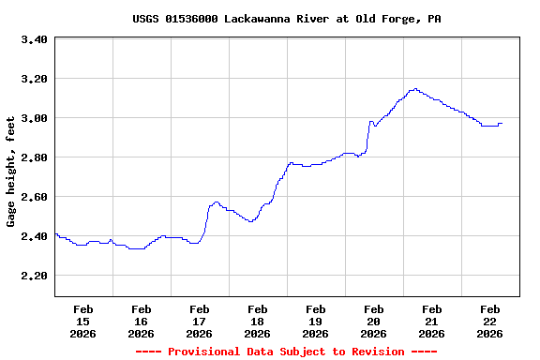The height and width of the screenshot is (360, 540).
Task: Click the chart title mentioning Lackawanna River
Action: [286, 19]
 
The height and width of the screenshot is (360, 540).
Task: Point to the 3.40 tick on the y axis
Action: [34, 39]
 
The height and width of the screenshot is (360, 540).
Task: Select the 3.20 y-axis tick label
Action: [34, 79]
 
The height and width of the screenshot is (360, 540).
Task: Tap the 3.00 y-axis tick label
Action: [34, 118]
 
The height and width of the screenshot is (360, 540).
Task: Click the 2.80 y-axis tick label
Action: [34, 157]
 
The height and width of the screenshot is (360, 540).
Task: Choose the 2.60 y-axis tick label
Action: [34, 197]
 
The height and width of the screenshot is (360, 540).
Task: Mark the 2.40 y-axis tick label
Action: [34, 236]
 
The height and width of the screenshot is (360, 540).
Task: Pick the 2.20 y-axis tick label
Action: [34, 276]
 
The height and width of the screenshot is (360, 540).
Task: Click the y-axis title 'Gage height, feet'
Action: [11, 172]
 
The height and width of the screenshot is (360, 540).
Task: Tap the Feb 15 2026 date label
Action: [82, 321]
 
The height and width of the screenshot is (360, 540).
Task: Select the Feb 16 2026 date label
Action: [141, 321]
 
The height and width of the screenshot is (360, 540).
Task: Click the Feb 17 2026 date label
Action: [199, 321]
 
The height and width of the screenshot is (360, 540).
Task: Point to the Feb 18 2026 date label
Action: [257, 321]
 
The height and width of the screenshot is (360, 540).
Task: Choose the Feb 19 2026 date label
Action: [315, 321]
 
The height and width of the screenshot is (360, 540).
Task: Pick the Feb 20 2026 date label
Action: [373, 321]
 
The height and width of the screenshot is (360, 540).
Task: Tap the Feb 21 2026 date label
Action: [431, 321]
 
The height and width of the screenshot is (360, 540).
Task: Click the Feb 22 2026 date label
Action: [489, 321]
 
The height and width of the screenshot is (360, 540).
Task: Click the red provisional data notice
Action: [286, 352]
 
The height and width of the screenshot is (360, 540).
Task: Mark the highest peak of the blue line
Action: [413, 89]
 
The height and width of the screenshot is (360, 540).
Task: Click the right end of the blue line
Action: [502, 123]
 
